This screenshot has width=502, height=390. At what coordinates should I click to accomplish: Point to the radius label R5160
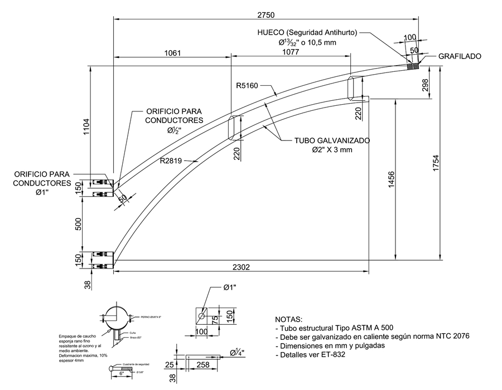(247, 86)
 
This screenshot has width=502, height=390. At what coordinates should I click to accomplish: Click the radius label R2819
(171, 161)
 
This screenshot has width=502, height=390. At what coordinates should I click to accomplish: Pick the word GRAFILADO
(459, 56)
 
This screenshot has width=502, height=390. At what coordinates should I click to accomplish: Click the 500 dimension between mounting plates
(79, 223)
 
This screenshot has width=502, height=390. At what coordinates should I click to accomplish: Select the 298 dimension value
(426, 84)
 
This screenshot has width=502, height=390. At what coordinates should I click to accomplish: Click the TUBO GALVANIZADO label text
(332, 141)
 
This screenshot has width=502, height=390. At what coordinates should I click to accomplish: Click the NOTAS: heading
(291, 320)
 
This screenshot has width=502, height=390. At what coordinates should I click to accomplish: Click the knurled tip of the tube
(413, 65)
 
